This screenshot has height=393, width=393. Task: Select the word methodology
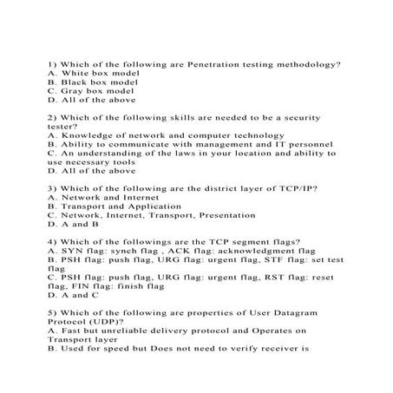[308, 64]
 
